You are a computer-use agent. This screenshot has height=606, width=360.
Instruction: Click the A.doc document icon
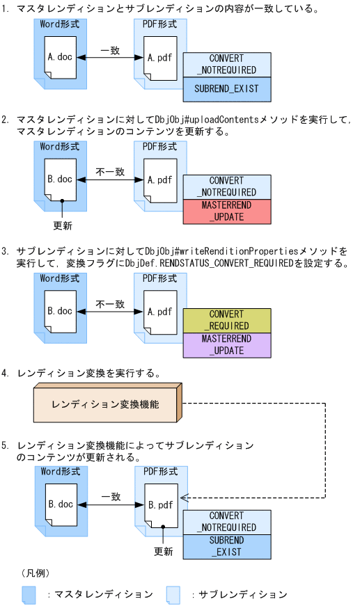coord(61,57)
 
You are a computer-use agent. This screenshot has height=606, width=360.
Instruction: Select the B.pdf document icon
coord(159,504)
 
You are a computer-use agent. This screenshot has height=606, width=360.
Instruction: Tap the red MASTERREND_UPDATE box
coord(226,212)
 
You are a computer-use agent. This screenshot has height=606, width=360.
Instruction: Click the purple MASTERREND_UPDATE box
coord(226,344)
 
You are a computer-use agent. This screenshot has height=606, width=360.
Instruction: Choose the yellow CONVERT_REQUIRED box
coord(226,320)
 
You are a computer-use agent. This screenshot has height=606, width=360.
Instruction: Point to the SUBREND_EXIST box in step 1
coord(226,89)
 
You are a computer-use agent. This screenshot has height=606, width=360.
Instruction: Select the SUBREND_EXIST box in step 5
coord(226,546)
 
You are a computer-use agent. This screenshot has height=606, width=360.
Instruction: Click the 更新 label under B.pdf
coord(163,551)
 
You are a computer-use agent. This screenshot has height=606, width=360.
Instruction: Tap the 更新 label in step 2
coord(63,225)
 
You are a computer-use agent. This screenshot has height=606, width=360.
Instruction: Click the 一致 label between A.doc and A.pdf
coord(110,51)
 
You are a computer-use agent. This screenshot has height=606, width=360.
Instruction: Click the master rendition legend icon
coord(29,594)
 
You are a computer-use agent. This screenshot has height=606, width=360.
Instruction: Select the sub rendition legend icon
coord(173,594)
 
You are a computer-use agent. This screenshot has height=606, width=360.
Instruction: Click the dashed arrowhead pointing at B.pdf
coord(184,497)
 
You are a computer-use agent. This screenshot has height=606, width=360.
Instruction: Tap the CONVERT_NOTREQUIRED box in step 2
coord(226,186)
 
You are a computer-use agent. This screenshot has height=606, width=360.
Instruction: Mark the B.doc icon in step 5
coord(61,504)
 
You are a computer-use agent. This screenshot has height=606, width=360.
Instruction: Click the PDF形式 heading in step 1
coord(159,24)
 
